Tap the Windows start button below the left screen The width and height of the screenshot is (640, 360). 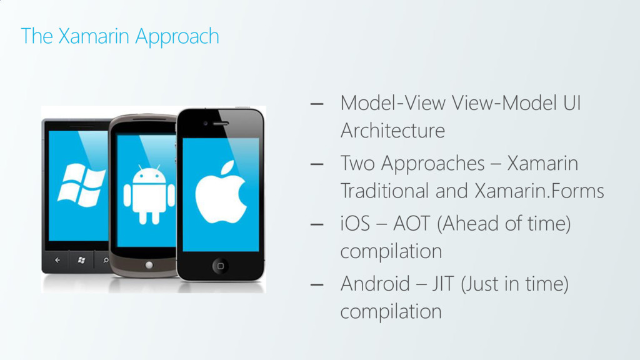click(81, 259)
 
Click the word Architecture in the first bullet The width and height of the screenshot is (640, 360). click(392, 131)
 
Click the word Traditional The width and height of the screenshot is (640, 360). click(384, 191)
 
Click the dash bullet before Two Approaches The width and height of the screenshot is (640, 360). click(317, 164)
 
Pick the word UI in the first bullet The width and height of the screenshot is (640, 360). click(571, 102)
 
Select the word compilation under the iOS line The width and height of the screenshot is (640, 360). click(391, 252)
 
